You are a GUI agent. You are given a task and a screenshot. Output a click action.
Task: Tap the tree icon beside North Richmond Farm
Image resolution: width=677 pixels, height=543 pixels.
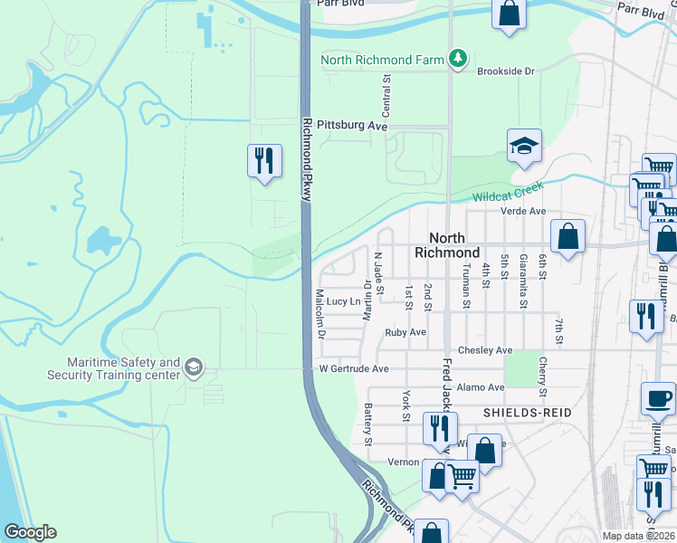point(459,60)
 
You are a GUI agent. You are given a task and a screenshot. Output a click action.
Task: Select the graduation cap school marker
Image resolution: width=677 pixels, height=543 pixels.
point(524,147)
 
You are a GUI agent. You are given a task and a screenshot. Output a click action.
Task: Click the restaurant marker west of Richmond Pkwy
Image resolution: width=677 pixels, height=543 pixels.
point(262,161)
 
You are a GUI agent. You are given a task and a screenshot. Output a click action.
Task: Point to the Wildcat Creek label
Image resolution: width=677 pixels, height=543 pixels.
point(507,193)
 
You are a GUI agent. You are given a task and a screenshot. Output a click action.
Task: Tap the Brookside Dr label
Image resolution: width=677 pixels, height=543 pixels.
point(506,71)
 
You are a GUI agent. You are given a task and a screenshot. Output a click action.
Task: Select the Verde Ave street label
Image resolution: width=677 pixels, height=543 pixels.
point(524,211)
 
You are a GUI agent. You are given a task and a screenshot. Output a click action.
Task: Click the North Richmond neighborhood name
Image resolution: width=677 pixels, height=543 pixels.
point(446,244)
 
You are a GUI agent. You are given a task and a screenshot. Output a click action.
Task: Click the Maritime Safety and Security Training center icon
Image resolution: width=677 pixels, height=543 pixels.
point(192,367)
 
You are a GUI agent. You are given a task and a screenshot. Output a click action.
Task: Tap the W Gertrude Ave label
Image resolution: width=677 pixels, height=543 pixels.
point(353,369)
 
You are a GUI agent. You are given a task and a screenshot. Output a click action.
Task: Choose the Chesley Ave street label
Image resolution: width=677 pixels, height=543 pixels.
point(485,350)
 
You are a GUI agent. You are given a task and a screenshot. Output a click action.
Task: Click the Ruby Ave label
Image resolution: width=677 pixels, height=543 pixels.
point(405,332)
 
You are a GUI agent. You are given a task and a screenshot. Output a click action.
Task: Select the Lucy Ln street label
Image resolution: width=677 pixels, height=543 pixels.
point(344,301)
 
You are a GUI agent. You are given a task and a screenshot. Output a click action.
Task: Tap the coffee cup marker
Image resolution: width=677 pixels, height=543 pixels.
point(657,398)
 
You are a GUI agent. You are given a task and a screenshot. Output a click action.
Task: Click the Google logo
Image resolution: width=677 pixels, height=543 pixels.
point(30,532)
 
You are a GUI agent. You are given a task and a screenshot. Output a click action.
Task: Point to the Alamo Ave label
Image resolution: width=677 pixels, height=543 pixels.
point(481,387)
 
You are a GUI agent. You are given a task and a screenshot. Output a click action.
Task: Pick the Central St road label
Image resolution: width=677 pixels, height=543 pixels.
point(386,94)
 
